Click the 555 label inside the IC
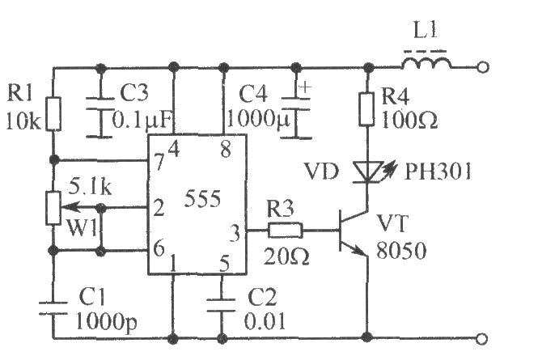pyautogui.click(x=202, y=198)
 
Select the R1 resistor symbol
pyautogui.click(x=53, y=113)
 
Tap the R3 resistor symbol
pyautogui.click(x=285, y=230)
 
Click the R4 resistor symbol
pyautogui.click(x=366, y=108)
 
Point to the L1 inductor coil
pyautogui.click(x=427, y=63)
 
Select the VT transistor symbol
pyautogui.click(x=354, y=231)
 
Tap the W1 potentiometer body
pyautogui.click(x=53, y=208)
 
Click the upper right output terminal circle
pyautogui.click(x=482, y=67)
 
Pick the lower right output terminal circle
pyautogui.click(x=482, y=339)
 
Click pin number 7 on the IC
pyautogui.click(x=159, y=162)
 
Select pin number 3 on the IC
pyautogui.click(x=235, y=233)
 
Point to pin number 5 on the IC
pyautogui.click(x=224, y=263)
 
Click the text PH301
pyautogui.click(x=438, y=172)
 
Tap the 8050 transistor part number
pyautogui.click(x=401, y=250)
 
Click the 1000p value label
pyautogui.click(x=106, y=323)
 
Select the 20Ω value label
pyautogui.click(x=286, y=256)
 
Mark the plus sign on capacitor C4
pyautogui.click(x=305, y=87)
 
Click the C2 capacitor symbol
pyautogui.click(x=222, y=306)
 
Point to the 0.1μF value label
pyautogui.click(x=143, y=120)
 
